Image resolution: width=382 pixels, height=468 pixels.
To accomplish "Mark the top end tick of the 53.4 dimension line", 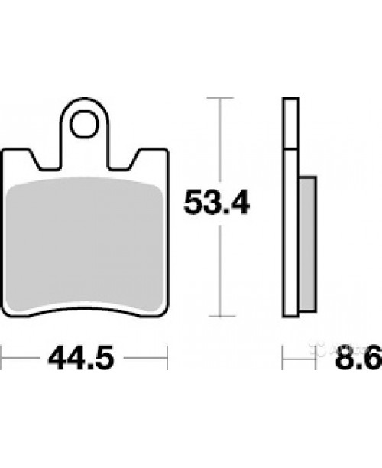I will point(221,99).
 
